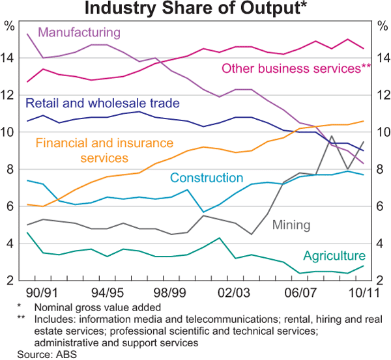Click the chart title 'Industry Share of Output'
(x=195, y=9)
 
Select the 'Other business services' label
(x=297, y=68)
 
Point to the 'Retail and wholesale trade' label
(x=102, y=104)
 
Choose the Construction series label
(x=207, y=178)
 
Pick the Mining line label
(x=291, y=225)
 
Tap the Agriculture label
(x=334, y=256)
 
